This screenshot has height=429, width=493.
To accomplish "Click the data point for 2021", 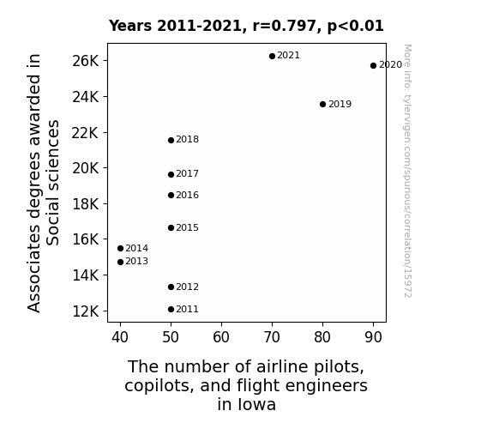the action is point(273,56).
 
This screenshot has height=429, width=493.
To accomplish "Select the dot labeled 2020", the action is point(373,65).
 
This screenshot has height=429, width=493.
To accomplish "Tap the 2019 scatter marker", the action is point(322,104).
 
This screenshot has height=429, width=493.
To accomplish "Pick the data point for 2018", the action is point(171,140).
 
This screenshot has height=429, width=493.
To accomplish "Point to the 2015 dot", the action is point(171,227).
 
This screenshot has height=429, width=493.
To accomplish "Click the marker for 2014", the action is point(120,248).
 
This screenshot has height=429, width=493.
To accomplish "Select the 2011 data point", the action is point(171,310).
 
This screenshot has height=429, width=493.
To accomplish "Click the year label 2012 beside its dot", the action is point(187,287).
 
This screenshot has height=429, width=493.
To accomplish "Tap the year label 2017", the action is point(187,173).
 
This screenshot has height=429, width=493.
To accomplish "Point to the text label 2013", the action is point(137,261).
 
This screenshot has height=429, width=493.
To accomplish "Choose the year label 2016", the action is point(187,195).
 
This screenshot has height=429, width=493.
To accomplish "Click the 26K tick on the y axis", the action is point(86,61).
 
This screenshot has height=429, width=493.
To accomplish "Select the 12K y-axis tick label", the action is point(86,311).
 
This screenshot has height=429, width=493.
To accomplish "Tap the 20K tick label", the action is point(86,168).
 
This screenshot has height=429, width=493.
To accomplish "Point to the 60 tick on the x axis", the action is point(221,337).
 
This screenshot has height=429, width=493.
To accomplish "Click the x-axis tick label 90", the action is point(373,337).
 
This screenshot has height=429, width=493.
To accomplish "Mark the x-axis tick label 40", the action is point(120,337).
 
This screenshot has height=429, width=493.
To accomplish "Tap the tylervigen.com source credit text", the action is point(407,171).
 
